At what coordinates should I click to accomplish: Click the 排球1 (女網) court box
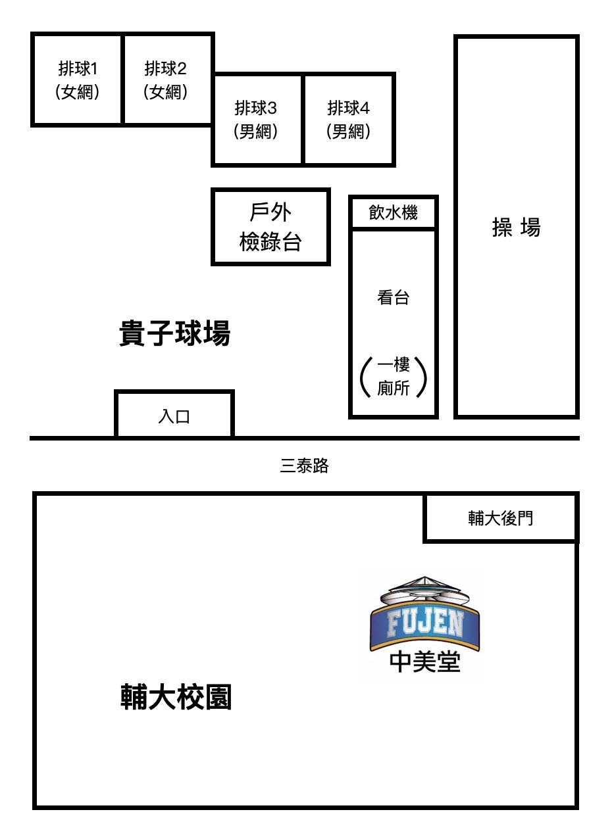click(78, 80)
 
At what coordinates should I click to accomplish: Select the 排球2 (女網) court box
click(168, 80)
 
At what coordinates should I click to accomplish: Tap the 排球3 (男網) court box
click(257, 119)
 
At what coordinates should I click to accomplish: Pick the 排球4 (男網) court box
click(349, 119)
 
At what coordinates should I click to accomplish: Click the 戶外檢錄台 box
click(270, 227)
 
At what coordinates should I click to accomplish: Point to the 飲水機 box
click(393, 213)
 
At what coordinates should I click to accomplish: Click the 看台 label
click(393, 298)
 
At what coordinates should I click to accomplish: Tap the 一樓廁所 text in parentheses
click(394, 377)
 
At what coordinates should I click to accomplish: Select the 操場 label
click(517, 228)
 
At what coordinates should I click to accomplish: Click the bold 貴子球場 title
click(175, 333)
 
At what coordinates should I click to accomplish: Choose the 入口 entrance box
click(174, 416)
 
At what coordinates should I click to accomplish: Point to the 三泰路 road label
click(304, 466)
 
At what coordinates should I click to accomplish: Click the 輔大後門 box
click(500, 518)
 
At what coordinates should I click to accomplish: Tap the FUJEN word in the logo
click(425, 623)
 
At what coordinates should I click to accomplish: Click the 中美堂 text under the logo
click(425, 661)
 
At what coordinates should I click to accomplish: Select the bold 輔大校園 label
click(176, 697)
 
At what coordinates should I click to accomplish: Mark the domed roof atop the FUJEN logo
click(425, 587)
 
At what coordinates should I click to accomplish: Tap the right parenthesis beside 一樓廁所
click(423, 377)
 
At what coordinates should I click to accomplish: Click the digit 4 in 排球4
click(366, 108)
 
